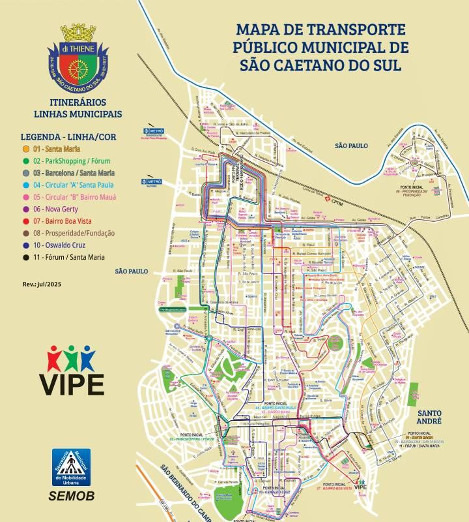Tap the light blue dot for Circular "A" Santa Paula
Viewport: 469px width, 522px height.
[25, 185]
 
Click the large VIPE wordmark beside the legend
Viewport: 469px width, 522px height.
[72, 383]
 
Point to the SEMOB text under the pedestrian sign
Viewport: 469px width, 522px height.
[72, 497]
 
